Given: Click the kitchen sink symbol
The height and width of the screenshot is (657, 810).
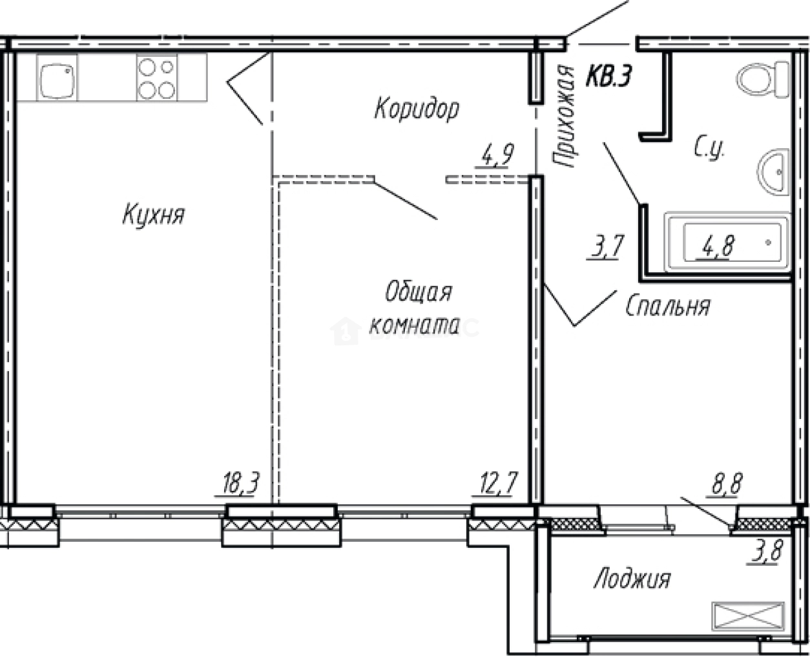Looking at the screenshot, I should pos(57,78).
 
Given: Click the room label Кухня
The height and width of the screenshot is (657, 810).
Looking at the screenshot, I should pos(154,214).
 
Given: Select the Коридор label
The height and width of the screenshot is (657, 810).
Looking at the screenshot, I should pos(417,109).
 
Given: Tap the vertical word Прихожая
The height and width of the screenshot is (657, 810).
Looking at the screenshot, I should pos(565,117).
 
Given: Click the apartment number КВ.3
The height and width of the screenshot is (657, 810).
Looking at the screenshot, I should pos(607,76).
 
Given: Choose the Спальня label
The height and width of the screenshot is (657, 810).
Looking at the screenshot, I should pos(668,306).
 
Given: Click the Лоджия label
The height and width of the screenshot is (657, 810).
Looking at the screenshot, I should pos(632,578).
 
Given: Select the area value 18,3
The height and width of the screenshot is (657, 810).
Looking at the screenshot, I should pos(236,482).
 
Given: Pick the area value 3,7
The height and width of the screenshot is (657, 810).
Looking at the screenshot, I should pos(604,246).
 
